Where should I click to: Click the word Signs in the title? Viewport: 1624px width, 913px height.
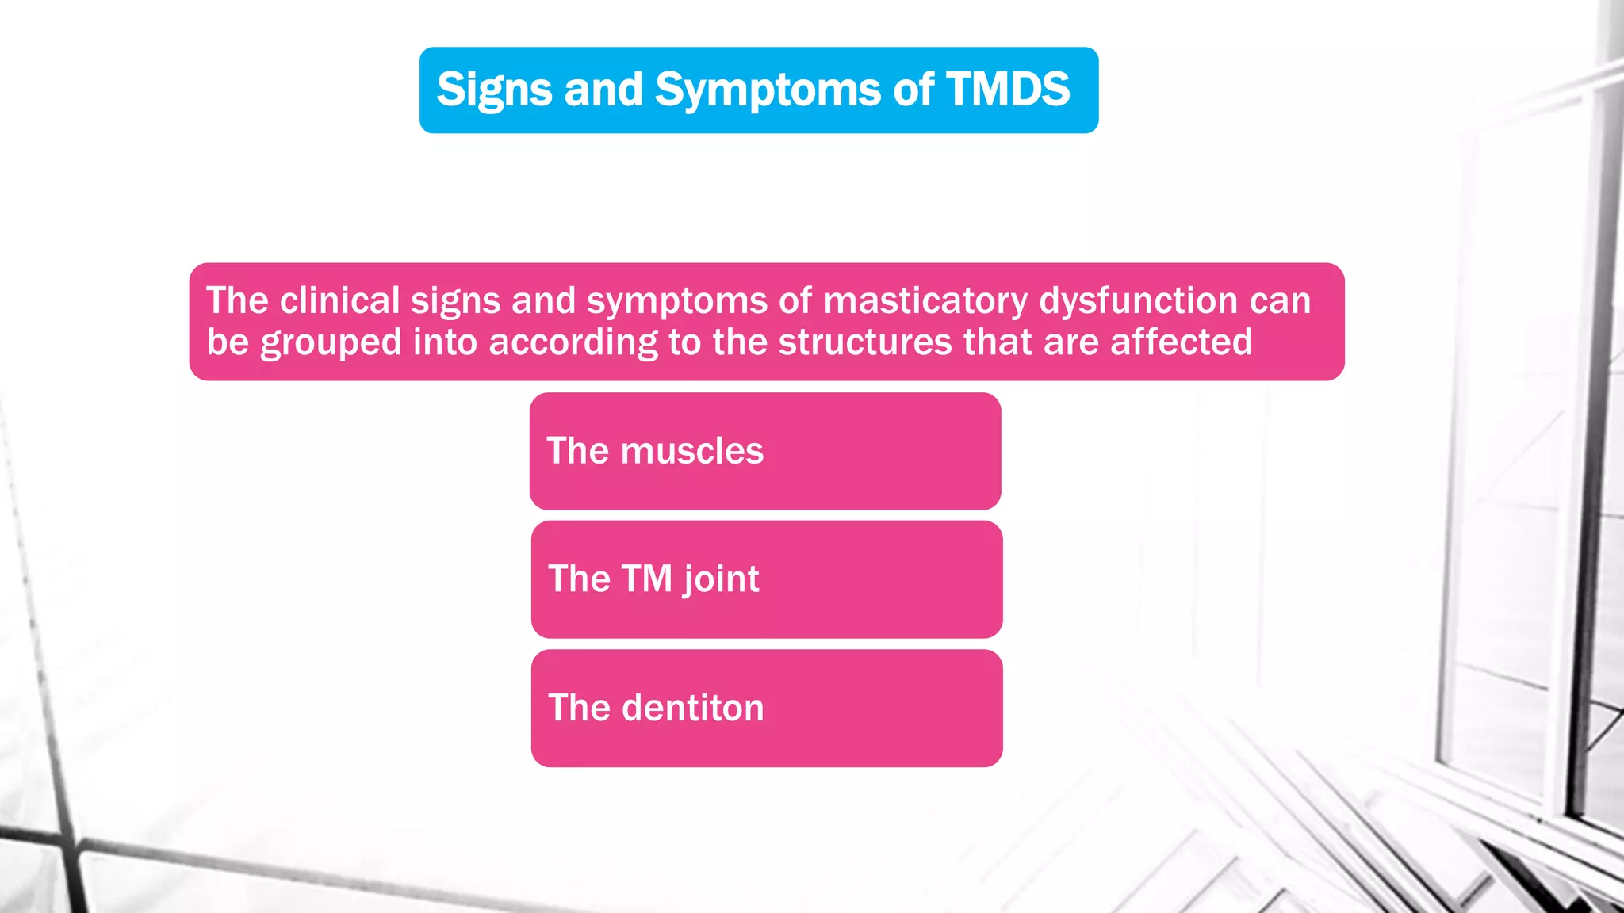[x=494, y=90]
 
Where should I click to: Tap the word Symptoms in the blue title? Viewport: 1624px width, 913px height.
[x=767, y=90]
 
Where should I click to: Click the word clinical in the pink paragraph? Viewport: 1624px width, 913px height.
[x=339, y=301]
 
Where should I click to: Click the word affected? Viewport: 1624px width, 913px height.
[x=1181, y=342]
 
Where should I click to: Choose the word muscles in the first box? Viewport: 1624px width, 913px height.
[x=691, y=451]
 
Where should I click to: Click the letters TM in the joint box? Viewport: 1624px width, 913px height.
[x=647, y=579]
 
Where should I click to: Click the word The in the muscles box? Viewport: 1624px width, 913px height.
[x=578, y=451]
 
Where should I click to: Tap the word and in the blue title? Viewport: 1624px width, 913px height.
[x=603, y=90]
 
